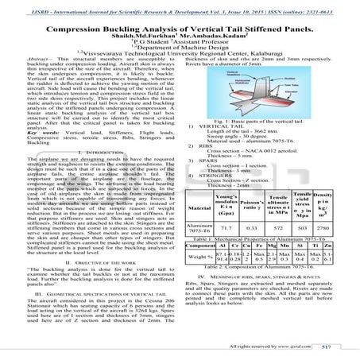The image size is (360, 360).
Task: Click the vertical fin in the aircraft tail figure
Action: click(268, 87)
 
